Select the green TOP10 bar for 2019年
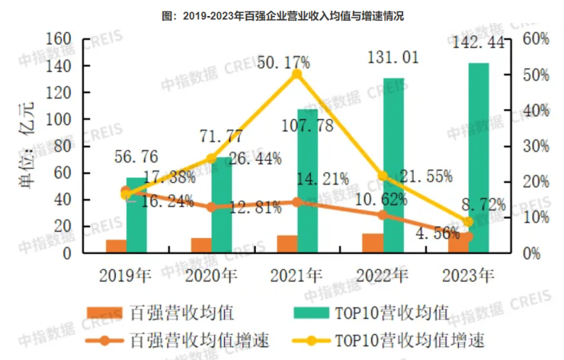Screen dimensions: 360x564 (137, 214)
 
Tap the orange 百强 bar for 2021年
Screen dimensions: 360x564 (287, 243)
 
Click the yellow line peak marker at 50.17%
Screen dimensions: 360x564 (297, 74)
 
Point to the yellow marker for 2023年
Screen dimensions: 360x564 (468, 222)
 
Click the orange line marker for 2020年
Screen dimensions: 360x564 (212, 207)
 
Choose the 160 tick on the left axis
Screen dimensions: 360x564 (59, 40)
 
